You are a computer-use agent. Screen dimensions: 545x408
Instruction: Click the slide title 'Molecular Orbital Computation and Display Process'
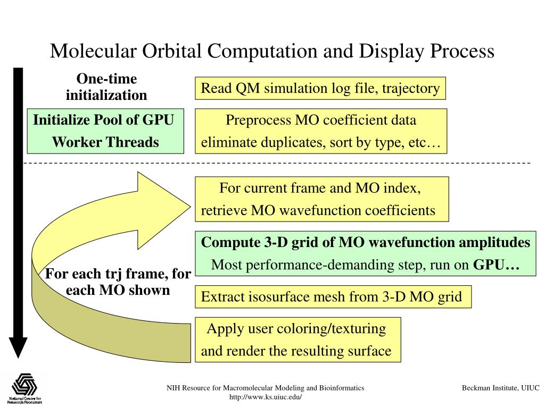272,52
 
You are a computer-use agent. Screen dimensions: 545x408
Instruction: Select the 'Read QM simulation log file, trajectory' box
320,88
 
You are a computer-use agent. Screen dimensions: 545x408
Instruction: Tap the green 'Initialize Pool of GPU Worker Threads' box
104,131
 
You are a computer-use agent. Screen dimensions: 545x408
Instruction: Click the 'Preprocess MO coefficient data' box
321,131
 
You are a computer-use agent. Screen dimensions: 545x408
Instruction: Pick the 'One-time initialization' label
106,87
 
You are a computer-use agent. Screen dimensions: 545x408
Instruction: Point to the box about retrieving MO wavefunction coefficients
321,199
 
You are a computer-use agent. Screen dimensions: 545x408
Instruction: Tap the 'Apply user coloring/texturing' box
298,340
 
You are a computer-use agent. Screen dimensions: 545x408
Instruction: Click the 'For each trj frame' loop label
118,282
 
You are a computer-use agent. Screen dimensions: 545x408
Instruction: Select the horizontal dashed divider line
277,163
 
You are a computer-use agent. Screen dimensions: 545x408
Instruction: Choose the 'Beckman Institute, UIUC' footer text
500,388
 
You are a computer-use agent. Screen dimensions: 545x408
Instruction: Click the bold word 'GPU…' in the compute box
496,265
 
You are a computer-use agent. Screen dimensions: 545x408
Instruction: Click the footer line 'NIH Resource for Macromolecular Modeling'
266,388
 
